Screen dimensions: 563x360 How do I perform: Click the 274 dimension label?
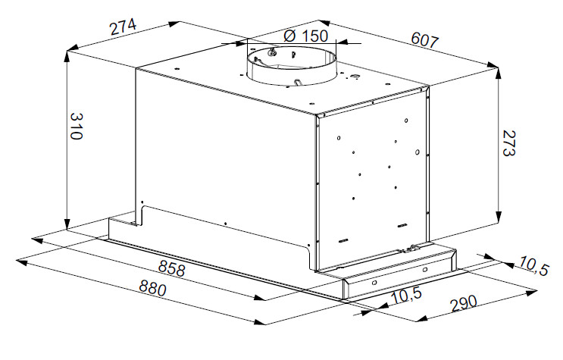pyautogui.click(x=124, y=27)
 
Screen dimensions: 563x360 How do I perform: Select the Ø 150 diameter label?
pyautogui.click(x=305, y=36)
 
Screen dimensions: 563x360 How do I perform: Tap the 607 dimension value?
pyautogui.click(x=425, y=39)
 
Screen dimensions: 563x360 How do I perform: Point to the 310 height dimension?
pyautogui.click(x=76, y=126)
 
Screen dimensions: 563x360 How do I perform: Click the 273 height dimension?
pyautogui.click(x=508, y=142)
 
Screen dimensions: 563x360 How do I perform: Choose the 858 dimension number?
pyautogui.click(x=172, y=268)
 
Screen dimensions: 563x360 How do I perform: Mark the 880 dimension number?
pyautogui.click(x=152, y=288)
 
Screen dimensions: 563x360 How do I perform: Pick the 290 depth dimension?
pyautogui.click(x=464, y=304)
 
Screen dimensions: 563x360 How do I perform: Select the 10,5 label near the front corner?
pyautogui.click(x=406, y=296)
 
